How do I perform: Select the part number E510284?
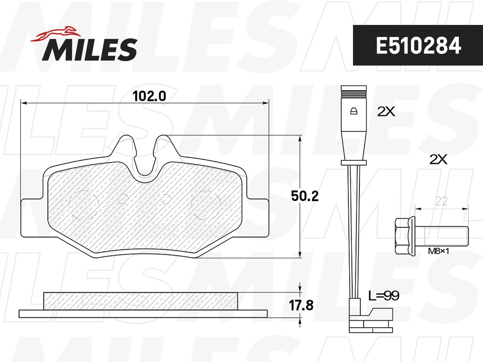pyautogui.click(x=418, y=46)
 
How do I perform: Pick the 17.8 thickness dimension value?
pyautogui.click(x=301, y=305)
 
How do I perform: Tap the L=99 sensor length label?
pyautogui.click(x=384, y=296)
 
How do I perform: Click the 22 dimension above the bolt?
pyautogui.click(x=442, y=202)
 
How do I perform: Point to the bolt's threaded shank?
pyautogui.click(x=445, y=236)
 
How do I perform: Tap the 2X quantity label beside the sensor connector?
pyautogui.click(x=386, y=112)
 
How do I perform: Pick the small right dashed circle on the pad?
pyautogui.click(x=165, y=198)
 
